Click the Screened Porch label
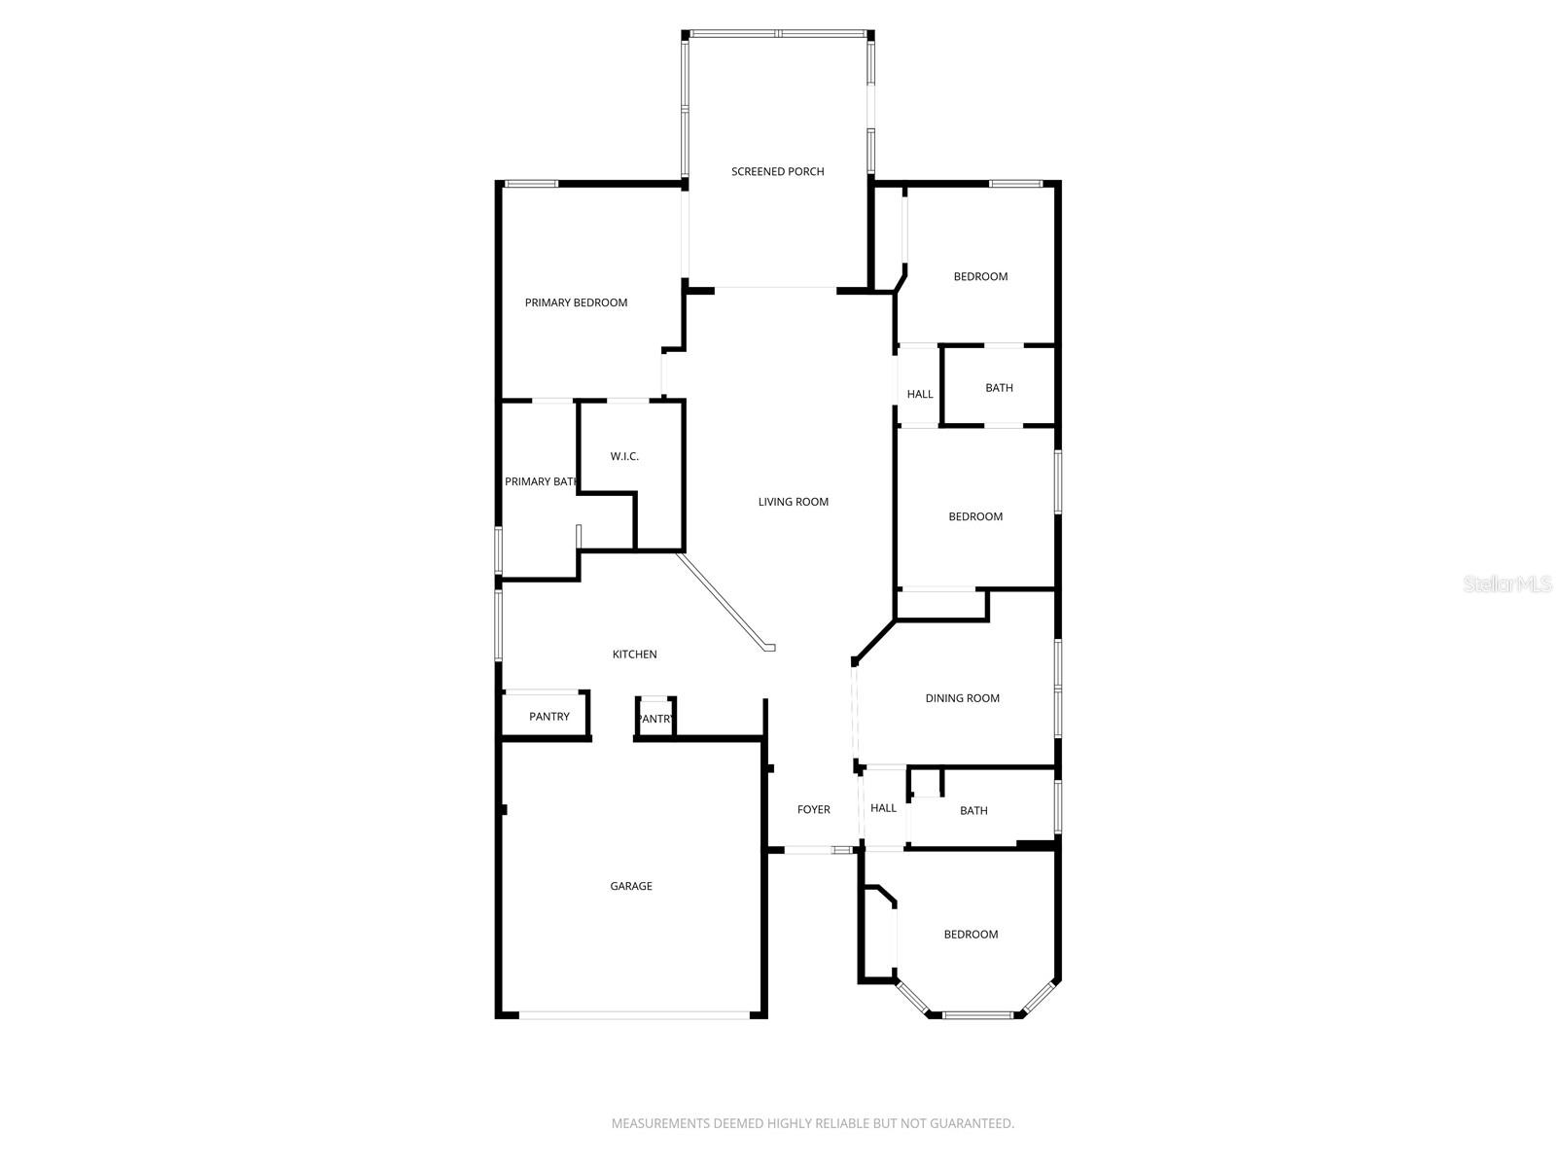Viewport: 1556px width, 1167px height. pos(777,172)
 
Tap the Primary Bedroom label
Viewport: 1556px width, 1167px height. pos(576,303)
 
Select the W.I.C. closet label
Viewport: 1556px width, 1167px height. pos(624,457)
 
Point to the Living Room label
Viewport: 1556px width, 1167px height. pos(794,503)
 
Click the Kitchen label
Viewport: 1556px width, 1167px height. pos(634,655)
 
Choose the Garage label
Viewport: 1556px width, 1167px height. pos(631,887)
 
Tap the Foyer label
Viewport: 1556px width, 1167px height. pos(814,810)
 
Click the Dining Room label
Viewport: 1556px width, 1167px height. pos(962,699)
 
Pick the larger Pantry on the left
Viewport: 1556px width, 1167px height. pos(549,717)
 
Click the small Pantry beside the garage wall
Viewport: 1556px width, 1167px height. pos(655,720)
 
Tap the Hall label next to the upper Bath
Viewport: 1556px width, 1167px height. pos(920,395)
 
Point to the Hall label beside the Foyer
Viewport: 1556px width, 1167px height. pos(884,809)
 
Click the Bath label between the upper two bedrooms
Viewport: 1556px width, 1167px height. pos(999,388)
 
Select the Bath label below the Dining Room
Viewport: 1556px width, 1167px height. pos(973,811)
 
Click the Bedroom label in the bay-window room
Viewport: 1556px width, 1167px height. pos(971,936)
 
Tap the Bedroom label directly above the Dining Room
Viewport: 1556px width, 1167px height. pos(975,517)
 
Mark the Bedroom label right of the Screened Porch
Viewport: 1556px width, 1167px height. pos(980,277)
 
